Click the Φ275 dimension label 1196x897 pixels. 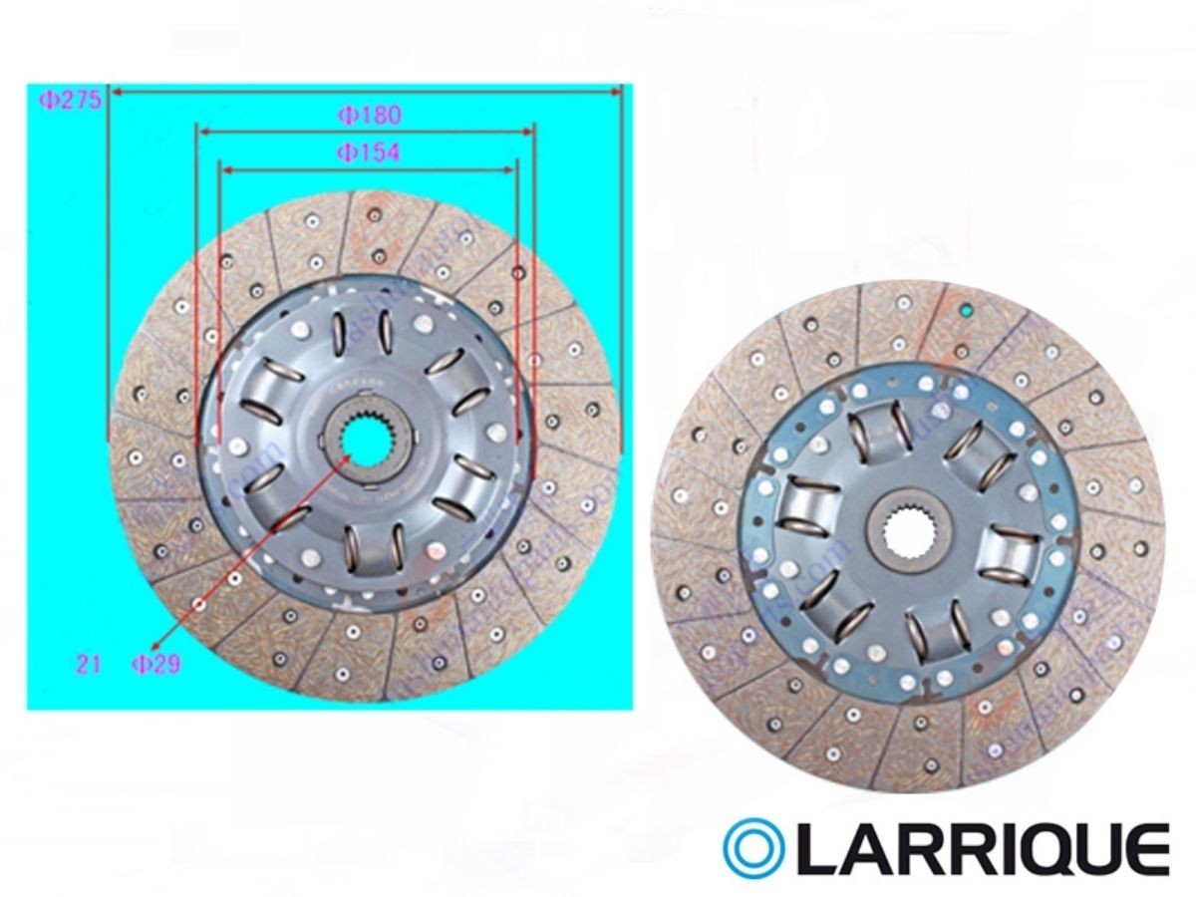(69, 100)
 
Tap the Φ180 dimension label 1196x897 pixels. (369, 116)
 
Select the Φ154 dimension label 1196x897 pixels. (368, 152)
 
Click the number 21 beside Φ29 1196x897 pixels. (89, 665)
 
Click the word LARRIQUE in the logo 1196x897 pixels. (983, 849)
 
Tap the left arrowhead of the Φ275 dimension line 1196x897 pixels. (116, 92)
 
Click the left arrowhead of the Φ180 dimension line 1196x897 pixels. (202, 130)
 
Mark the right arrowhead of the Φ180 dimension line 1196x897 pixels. (528, 130)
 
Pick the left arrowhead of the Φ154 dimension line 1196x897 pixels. (225, 170)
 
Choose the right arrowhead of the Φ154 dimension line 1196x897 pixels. (510, 170)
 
